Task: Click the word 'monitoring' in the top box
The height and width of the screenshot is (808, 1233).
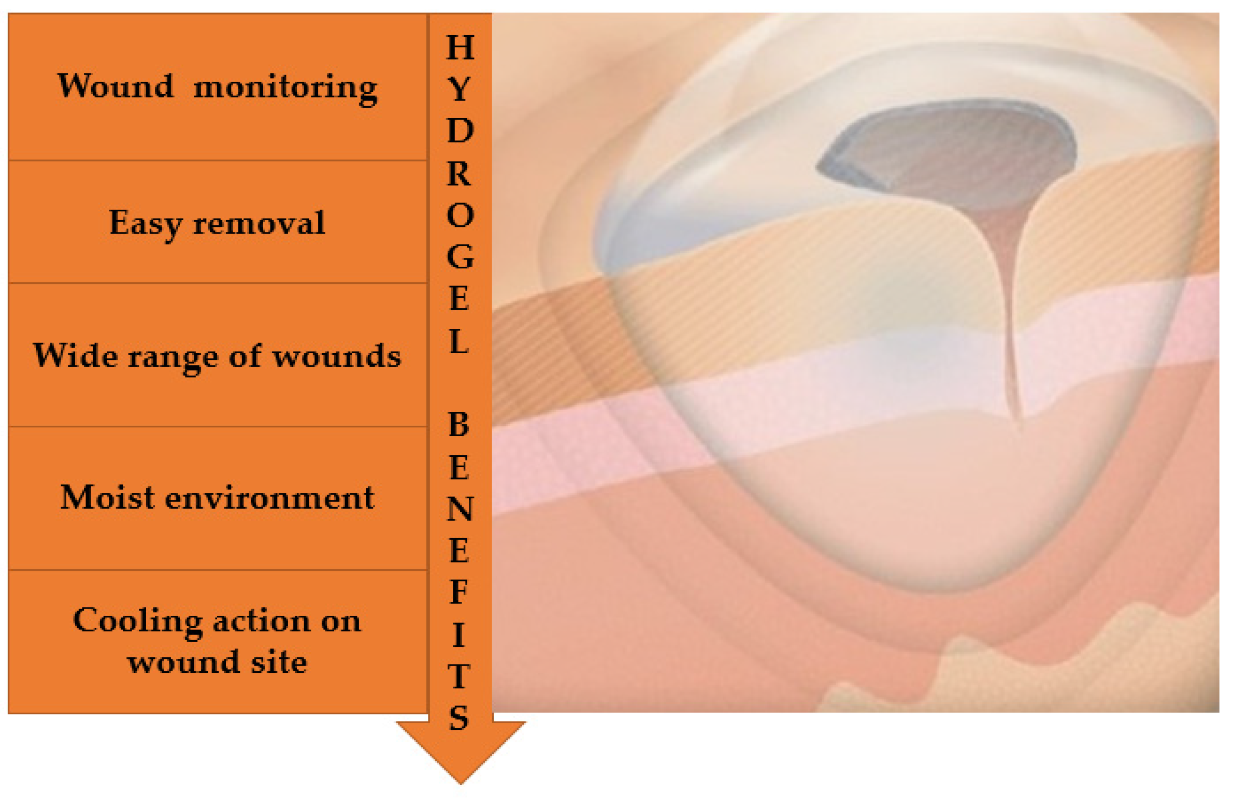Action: coord(285,89)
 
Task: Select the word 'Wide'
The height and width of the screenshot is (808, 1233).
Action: coord(76,356)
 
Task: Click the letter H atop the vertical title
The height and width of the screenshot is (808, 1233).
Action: coord(460,48)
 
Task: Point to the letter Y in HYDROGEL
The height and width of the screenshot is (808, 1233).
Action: coord(459,89)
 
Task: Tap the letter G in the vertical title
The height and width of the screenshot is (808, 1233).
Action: coord(460,257)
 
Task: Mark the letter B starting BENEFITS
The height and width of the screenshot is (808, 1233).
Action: coord(458,424)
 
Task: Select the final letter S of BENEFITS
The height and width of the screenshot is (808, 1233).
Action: coord(459,718)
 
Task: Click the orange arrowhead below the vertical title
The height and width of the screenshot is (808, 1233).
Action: coord(461,751)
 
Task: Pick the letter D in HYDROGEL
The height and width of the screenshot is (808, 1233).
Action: coord(460,131)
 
